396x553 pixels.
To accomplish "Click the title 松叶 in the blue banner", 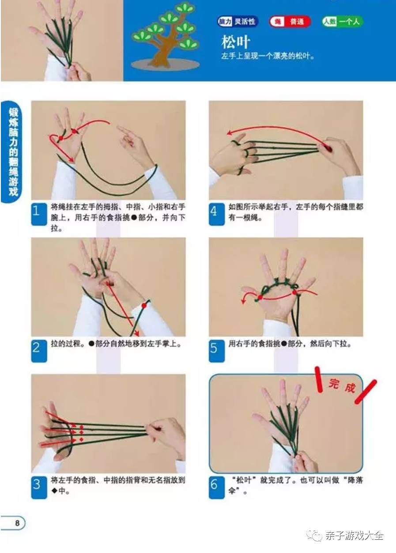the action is tap(236, 42).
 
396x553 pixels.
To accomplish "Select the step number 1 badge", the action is tap(39, 214).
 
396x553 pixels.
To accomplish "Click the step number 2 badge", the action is tap(39, 351).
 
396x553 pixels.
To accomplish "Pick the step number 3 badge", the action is tap(39, 487).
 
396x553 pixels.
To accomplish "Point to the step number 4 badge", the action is tap(217, 214).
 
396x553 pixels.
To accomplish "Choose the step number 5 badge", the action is tap(217, 351).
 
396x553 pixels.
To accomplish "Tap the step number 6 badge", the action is tap(217, 487).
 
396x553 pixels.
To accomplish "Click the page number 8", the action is tap(17, 523).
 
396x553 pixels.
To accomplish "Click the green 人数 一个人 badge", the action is tap(342, 22).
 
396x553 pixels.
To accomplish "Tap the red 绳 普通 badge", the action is tap(290, 22).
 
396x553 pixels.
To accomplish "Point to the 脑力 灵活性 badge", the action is tap(238, 22).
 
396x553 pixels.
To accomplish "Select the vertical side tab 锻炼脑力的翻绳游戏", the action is tap(13, 152).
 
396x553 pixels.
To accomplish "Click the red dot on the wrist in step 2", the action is tap(144, 306).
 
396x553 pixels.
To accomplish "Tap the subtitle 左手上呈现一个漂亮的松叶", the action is tap(268, 56).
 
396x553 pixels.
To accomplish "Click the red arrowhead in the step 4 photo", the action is tap(230, 133).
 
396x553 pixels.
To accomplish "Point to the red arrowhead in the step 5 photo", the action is tap(244, 301).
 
